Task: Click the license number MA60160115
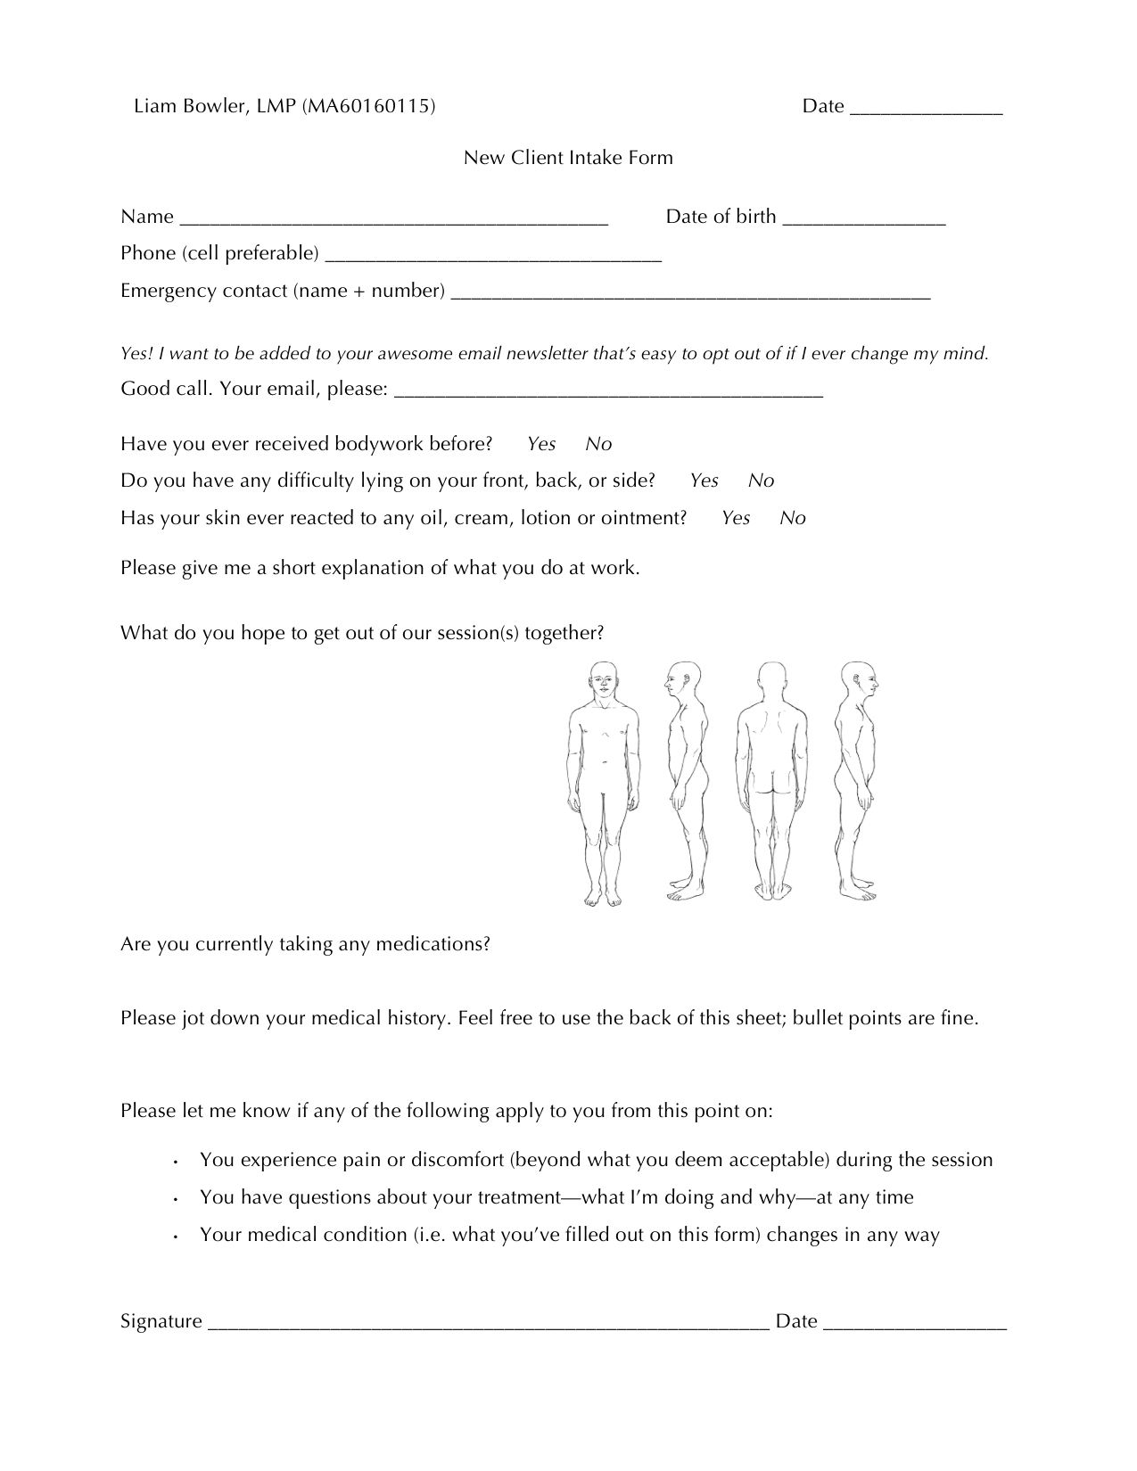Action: point(369,107)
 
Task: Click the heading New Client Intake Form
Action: point(568,158)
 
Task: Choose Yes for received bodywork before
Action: point(541,444)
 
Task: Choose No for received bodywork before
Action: point(598,444)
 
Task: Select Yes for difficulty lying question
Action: point(704,481)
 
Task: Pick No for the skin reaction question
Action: point(792,518)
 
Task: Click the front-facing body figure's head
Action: point(604,679)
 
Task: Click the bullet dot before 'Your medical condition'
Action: point(177,1237)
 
